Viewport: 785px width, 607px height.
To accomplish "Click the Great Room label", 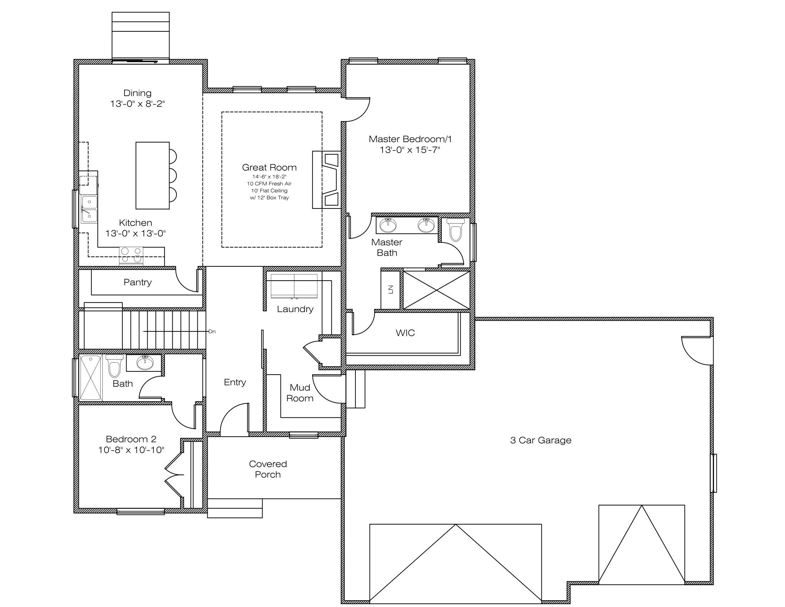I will pos(269,167).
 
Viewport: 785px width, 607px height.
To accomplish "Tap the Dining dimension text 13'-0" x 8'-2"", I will pos(137,104).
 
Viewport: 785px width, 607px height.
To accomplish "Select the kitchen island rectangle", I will pos(152,175).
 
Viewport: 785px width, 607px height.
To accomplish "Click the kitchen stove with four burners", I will pos(131,255).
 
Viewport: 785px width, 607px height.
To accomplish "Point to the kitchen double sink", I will pos(89,209).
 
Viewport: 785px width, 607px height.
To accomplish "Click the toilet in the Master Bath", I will pos(455,230).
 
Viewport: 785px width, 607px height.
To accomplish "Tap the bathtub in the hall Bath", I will pos(90,377).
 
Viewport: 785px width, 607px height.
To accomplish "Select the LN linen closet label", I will pos(391,289).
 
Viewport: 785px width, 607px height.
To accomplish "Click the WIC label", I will pos(405,333).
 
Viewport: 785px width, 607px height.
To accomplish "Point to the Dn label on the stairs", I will pos(212,332).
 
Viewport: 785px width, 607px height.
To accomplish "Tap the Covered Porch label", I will pos(268,469).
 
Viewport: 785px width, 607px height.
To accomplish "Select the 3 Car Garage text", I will pos(541,440).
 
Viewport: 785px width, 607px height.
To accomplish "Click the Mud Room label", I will pos(300,393).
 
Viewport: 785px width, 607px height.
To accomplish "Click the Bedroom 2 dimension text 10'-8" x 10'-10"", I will pos(131,450).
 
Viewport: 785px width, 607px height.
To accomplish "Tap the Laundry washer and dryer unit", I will pos(294,286).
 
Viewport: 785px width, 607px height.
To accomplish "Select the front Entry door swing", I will pos(234,419).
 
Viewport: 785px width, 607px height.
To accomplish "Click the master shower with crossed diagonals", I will pos(436,290).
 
